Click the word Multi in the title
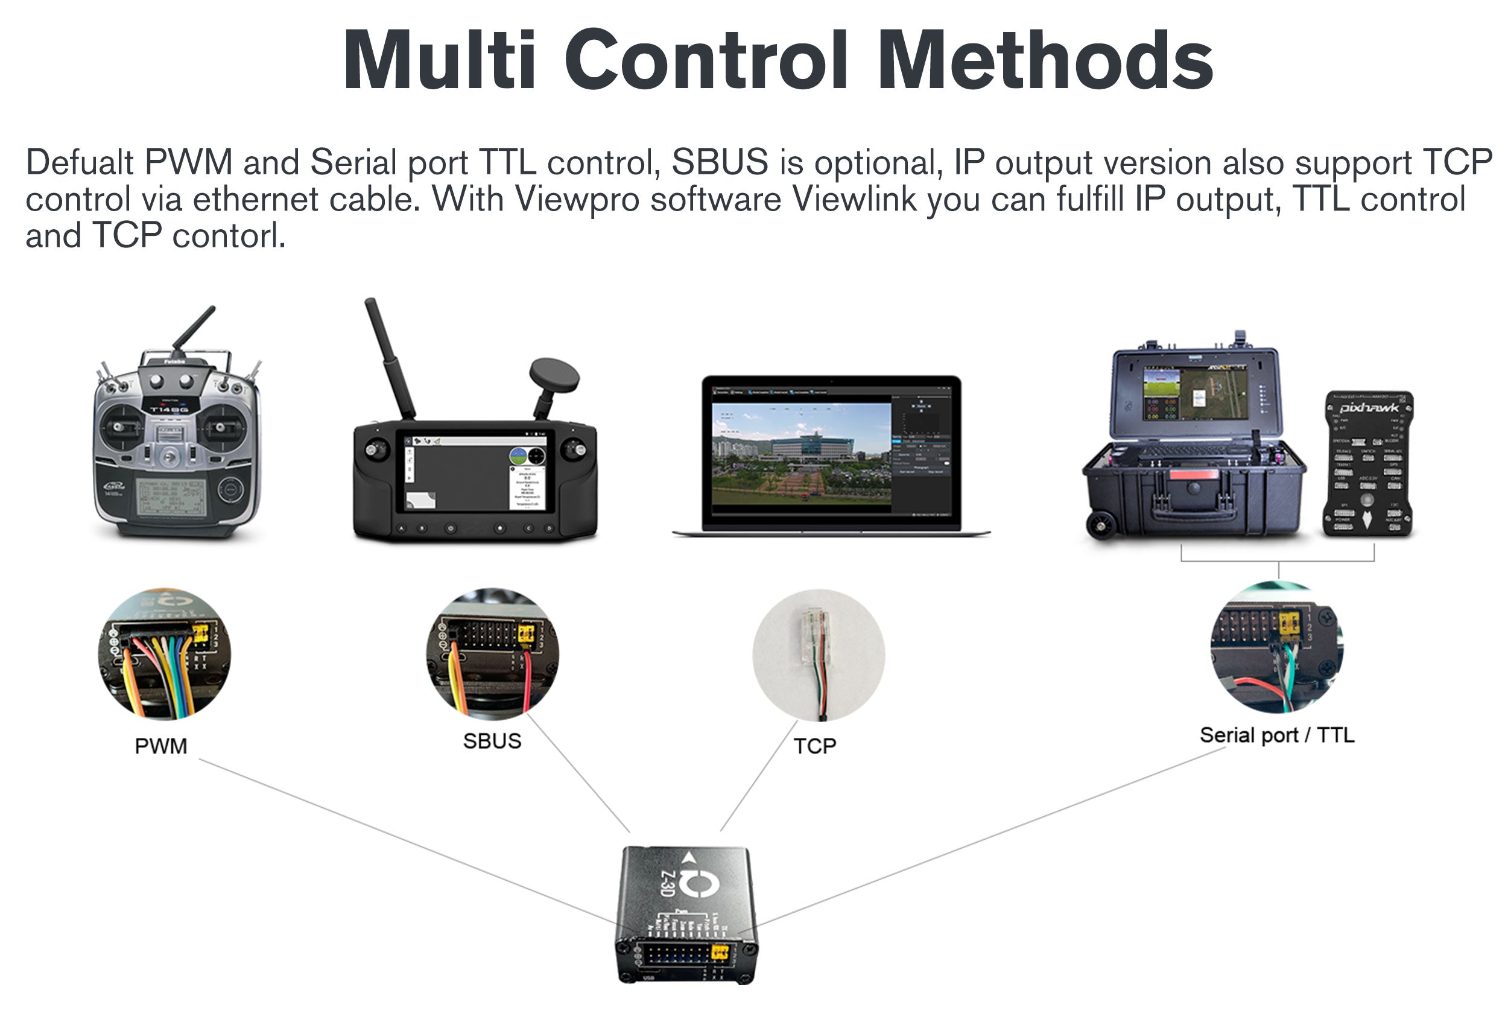coord(440,60)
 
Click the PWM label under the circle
coord(160,746)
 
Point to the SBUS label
coord(492,741)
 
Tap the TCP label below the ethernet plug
coord(814,746)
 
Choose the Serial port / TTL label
coord(1276,735)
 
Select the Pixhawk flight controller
coord(1368,464)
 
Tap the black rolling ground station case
coord(1194,448)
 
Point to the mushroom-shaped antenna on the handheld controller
coord(554,373)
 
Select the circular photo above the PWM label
coord(164,654)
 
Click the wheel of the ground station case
coord(1101,527)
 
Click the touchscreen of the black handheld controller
coord(475,477)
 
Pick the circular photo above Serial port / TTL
coord(1276,647)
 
